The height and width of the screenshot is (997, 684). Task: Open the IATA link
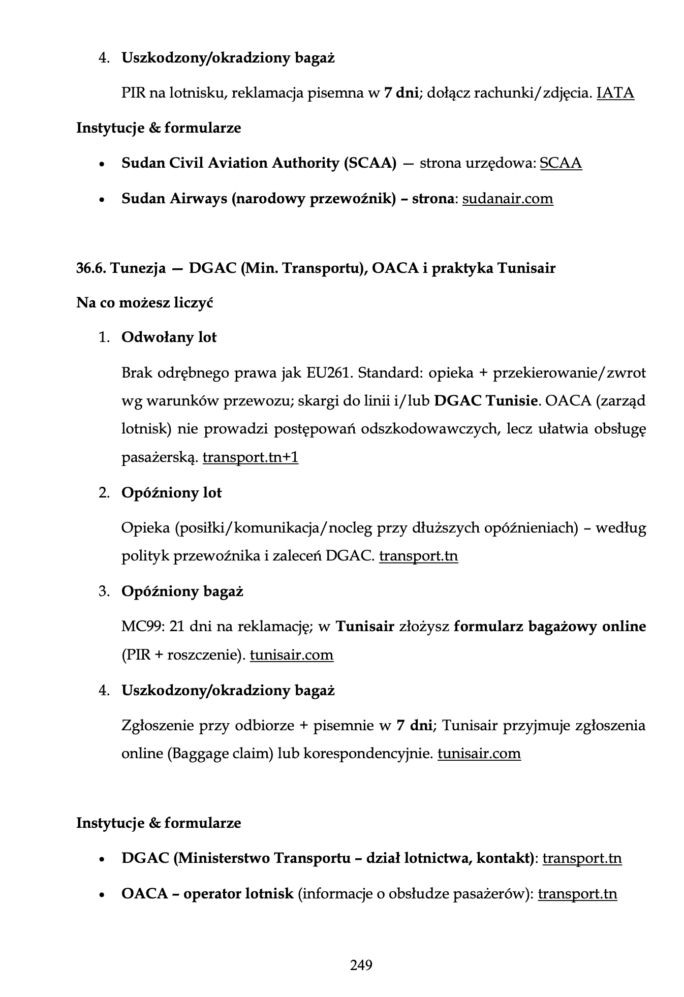[x=615, y=93]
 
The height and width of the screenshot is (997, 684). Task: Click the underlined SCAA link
[x=561, y=163]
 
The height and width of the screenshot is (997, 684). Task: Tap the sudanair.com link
[x=507, y=199]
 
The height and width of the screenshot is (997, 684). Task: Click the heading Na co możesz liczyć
[x=144, y=303]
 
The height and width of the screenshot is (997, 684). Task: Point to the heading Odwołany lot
[x=169, y=337]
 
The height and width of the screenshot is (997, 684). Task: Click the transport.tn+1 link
[x=250, y=458]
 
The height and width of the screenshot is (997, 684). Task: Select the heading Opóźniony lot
[x=171, y=493]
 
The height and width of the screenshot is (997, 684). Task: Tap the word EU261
[x=329, y=373]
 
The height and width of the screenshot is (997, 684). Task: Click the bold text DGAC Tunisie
[x=486, y=401]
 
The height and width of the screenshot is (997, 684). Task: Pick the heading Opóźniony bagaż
[x=182, y=591]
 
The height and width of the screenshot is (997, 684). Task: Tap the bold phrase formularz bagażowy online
[x=549, y=627]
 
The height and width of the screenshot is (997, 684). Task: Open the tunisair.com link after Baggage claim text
[x=479, y=753]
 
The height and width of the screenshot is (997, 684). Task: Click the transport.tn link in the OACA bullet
[x=577, y=894]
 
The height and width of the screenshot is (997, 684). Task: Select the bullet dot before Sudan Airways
[x=102, y=200]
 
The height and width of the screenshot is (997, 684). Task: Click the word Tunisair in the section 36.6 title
[x=526, y=268]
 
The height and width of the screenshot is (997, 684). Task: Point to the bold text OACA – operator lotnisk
[x=207, y=894]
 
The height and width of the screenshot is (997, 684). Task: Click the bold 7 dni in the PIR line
[x=400, y=93]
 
